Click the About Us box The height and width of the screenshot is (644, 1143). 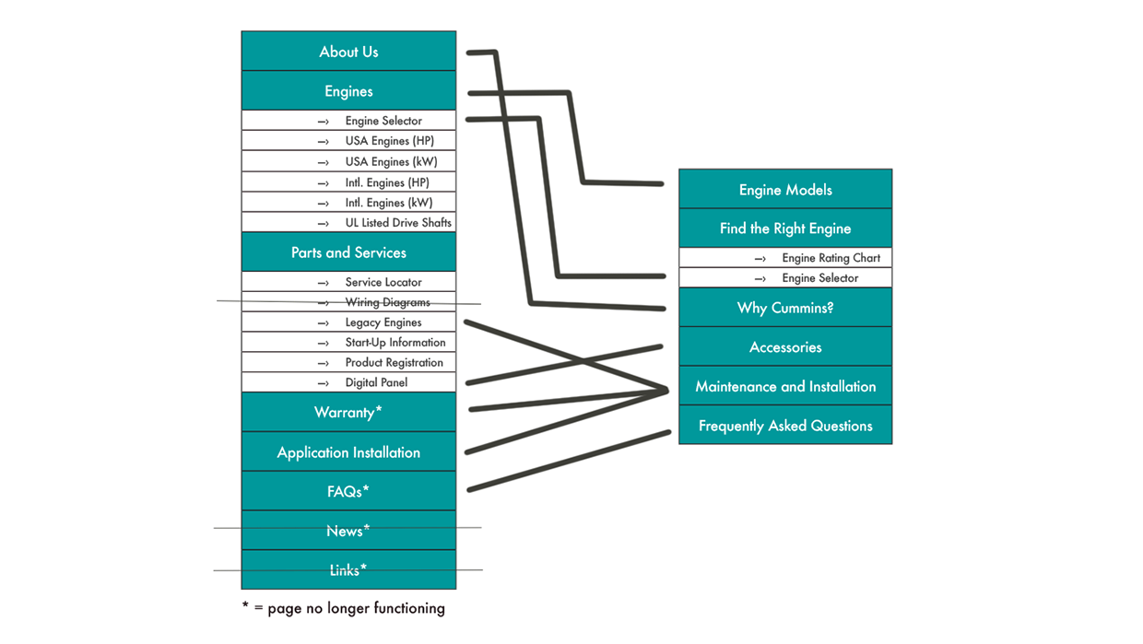point(348,52)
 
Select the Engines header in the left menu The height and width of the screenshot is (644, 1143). point(348,91)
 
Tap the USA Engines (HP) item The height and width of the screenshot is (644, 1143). point(388,141)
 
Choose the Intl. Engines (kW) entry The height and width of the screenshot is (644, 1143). point(388,203)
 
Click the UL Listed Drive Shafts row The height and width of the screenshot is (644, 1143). point(397,223)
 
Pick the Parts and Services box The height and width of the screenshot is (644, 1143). point(348,252)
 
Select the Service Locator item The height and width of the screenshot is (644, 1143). point(383,282)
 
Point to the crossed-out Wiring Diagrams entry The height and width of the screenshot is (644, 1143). point(387,302)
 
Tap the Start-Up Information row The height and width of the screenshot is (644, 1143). point(395,343)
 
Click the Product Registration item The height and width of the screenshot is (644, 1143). point(394,363)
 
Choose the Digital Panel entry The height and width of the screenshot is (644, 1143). point(376,382)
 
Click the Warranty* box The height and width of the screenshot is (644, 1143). point(348,413)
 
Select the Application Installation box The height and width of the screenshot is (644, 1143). point(348,452)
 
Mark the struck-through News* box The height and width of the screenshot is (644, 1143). point(348,531)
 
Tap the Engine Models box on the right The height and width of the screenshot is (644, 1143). point(785,190)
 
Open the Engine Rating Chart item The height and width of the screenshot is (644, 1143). point(831,258)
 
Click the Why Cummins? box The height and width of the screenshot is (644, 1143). point(785,308)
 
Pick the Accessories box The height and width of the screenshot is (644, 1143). point(785,347)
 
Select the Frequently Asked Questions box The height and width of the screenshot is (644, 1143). point(785,426)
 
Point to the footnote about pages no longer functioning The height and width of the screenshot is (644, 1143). point(343,608)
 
